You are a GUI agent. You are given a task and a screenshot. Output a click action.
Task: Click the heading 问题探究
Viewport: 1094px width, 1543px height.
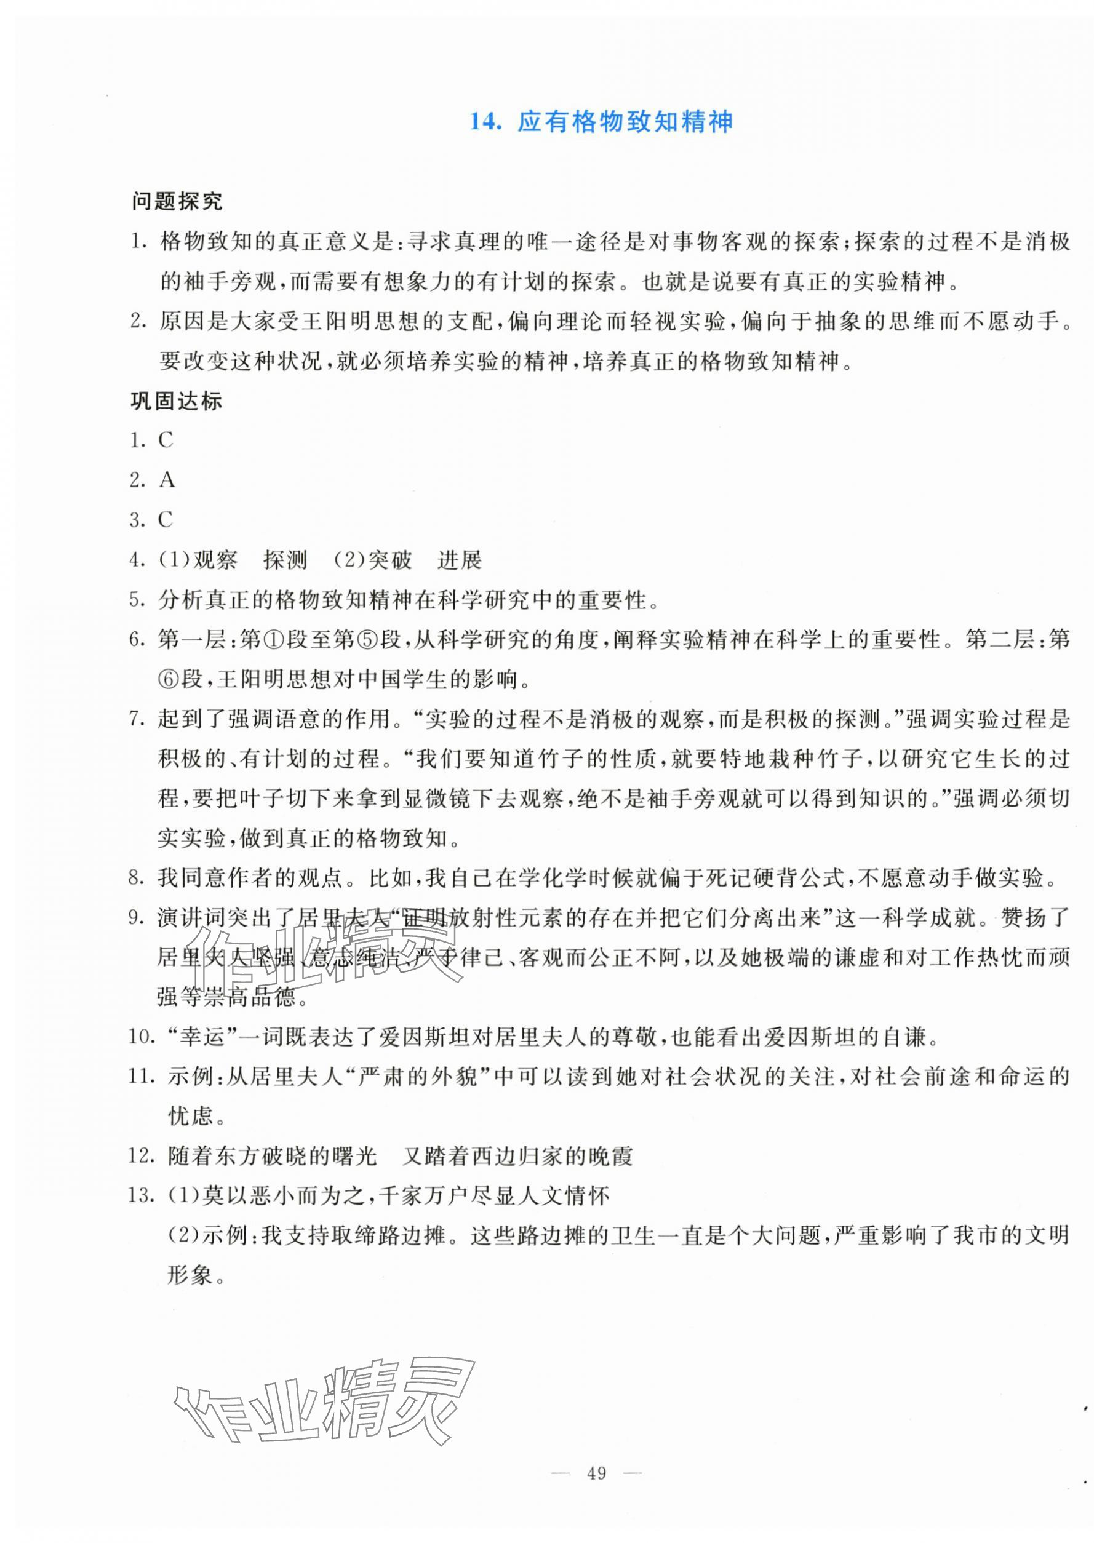pyautogui.click(x=177, y=201)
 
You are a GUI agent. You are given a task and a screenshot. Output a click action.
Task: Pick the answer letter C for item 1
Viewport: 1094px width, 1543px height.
pyautogui.click(x=166, y=441)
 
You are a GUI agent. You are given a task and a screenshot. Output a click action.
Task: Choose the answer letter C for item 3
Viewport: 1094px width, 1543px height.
pyautogui.click(x=166, y=520)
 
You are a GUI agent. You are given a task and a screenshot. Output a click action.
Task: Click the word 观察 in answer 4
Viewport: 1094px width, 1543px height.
pyautogui.click(x=215, y=560)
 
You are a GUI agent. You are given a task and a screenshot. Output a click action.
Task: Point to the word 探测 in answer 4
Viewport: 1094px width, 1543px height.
pyautogui.click(x=285, y=560)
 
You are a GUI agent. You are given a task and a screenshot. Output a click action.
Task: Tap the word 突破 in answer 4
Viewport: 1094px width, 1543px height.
pyautogui.click(x=391, y=560)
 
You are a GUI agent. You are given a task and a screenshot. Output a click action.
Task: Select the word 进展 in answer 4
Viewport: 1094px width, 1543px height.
pyautogui.click(x=460, y=560)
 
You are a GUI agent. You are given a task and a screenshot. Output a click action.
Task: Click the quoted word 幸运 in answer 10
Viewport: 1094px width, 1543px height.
pyautogui.click(x=194, y=1037)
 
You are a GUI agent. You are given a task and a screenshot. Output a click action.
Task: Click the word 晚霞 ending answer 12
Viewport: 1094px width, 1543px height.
pyautogui.click(x=611, y=1157)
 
